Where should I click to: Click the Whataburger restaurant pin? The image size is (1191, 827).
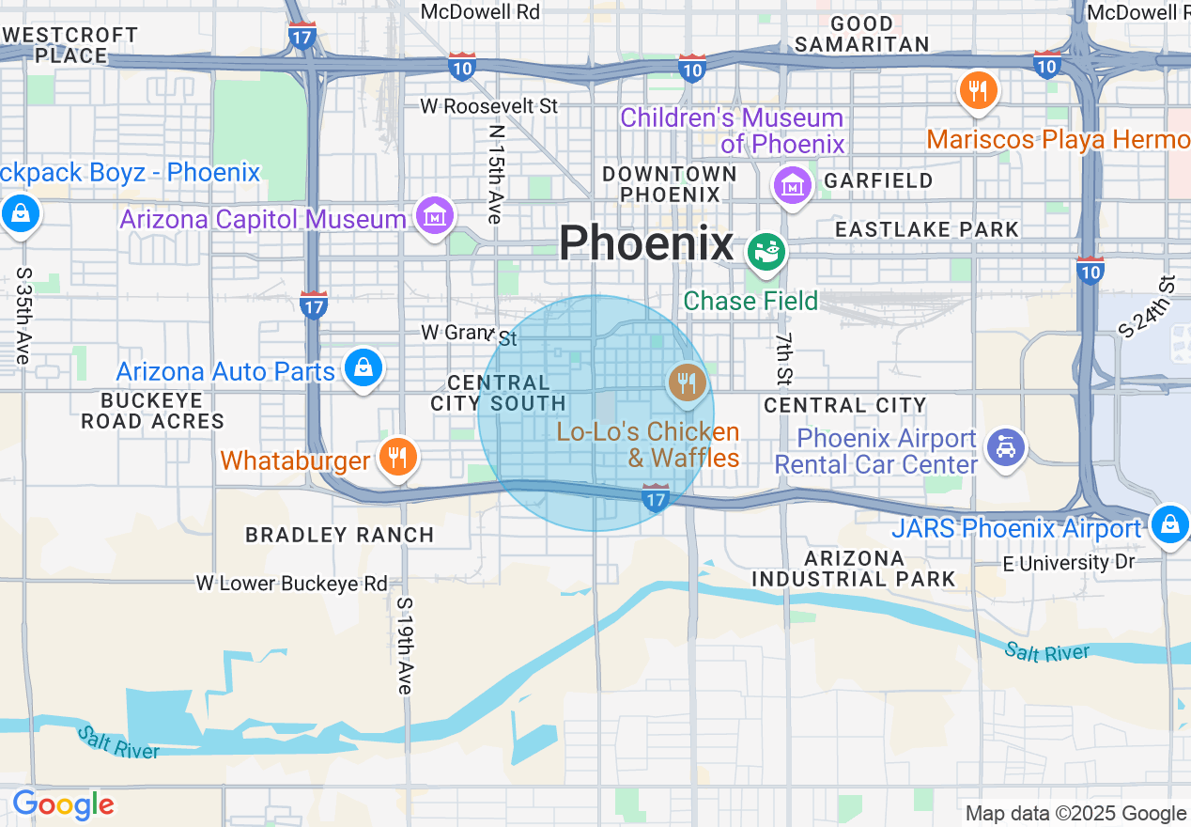click(398, 458)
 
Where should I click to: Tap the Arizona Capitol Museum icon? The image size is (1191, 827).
click(435, 216)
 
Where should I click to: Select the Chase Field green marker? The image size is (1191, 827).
click(766, 251)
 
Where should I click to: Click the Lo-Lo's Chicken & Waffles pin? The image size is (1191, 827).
click(688, 382)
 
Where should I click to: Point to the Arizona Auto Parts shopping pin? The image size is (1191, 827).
click(363, 367)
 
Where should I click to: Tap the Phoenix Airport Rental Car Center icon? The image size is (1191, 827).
click(1005, 448)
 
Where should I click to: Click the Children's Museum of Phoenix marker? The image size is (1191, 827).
click(792, 186)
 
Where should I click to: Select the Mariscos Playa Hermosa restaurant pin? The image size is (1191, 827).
click(978, 91)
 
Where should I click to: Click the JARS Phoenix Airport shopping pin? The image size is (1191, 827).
click(1169, 523)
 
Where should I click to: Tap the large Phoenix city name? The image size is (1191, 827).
click(645, 244)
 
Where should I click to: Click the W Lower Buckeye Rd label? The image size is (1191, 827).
click(291, 584)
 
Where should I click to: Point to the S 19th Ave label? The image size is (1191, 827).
click(404, 646)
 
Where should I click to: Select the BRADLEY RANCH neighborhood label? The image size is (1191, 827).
click(340, 535)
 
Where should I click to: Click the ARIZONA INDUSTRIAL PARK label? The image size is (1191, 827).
click(854, 569)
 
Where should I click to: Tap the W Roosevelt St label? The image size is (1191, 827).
click(488, 106)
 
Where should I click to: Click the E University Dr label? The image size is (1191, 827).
click(1069, 562)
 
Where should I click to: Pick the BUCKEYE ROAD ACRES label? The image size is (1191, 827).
click(152, 411)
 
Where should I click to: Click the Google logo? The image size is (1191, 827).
click(63, 805)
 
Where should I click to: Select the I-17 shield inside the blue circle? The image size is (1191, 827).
click(655, 497)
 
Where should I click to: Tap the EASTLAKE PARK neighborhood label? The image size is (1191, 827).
click(926, 229)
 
